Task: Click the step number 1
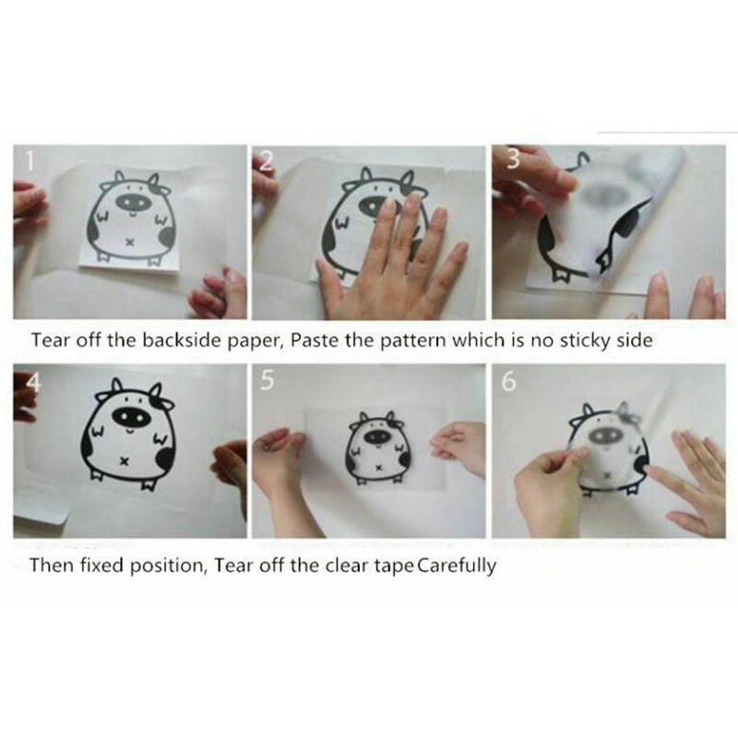tap(30, 161)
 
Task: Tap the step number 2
tap(267, 161)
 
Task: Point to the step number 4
tap(33, 382)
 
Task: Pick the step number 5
tap(267, 380)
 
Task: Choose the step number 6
tap(509, 381)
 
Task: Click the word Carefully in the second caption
tap(457, 565)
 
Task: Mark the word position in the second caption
tap(168, 565)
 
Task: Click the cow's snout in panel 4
tap(128, 416)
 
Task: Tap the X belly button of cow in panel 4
tap(124, 461)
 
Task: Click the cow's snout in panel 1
tap(133, 202)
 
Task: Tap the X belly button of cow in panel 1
tap(131, 243)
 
